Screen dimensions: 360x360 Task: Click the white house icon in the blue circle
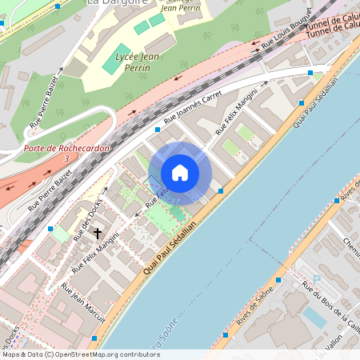[180, 173]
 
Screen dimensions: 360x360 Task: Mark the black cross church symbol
[98, 234]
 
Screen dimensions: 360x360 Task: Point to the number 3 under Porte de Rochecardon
[66, 159]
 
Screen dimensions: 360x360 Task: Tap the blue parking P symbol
[317, 278]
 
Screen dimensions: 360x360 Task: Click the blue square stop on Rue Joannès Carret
[157, 128]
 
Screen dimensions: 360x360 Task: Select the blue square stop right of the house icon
[221, 190]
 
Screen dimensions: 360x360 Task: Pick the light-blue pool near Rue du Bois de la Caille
[314, 318]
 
